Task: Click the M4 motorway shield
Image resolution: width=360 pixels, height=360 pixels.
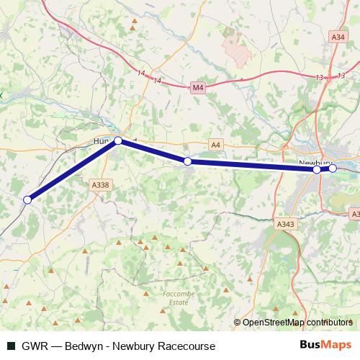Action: click(x=199, y=88)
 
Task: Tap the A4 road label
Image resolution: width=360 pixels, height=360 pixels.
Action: click(x=215, y=144)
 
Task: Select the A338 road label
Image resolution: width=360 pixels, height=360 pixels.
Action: click(x=101, y=185)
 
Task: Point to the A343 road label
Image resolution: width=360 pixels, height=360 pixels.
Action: click(x=286, y=225)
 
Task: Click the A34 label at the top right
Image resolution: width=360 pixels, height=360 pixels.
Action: click(x=338, y=37)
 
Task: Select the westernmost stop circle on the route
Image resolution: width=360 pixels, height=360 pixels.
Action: click(x=28, y=199)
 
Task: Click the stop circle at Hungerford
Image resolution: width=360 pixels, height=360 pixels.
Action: click(x=118, y=142)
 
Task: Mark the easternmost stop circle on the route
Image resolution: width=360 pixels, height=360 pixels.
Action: click(x=333, y=168)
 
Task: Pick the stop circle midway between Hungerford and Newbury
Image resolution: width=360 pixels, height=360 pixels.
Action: click(x=188, y=161)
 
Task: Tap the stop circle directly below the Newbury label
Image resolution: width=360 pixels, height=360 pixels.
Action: click(x=317, y=169)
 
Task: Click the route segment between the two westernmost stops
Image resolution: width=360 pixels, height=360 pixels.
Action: click(x=72, y=171)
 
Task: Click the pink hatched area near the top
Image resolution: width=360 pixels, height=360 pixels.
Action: click(x=235, y=48)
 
